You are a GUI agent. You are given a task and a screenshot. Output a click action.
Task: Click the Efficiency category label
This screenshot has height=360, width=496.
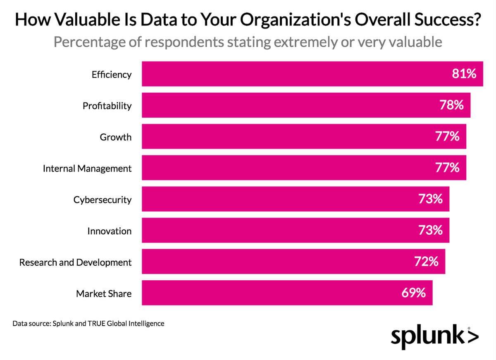pos(112,74)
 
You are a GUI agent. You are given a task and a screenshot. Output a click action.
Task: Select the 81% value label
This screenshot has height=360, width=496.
pos(464,74)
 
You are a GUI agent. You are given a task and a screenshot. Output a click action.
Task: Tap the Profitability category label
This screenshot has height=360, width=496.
pos(107,106)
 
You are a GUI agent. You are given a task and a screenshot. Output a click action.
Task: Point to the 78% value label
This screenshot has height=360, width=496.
pos(451,105)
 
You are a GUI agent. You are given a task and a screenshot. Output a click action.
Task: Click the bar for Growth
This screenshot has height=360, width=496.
pos(304,137)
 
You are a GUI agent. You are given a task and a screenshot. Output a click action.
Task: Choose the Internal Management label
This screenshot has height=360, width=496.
pos(87,169)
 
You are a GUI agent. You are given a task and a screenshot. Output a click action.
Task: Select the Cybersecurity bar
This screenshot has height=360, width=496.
pos(296,199)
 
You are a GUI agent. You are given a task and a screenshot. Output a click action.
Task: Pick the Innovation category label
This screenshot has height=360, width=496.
pos(110,231)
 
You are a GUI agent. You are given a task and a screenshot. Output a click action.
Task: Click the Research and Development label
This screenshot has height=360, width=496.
pos(76,262)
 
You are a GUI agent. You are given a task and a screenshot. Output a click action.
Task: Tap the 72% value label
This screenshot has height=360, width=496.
pos(426,262)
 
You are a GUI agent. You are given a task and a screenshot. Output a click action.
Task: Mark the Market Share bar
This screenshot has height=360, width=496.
pos(287,293)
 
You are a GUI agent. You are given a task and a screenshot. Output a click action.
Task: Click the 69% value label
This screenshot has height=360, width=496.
pos(413,293)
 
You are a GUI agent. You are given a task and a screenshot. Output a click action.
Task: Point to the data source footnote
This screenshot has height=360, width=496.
pos(88,323)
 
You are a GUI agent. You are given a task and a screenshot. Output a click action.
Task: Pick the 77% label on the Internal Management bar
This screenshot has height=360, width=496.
pos(447,168)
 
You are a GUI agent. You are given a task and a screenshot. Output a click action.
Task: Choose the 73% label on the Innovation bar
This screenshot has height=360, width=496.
pos(430,230)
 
